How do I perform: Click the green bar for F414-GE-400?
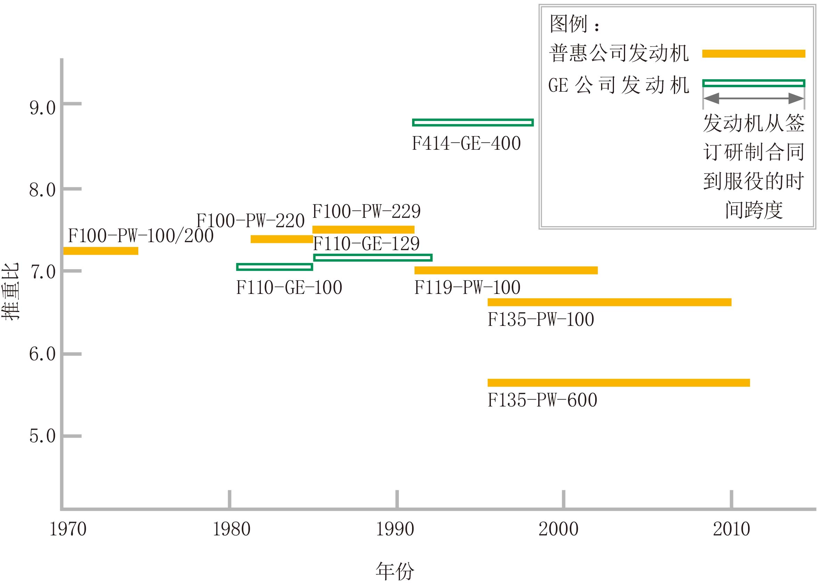coord(473,122)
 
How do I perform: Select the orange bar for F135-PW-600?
coord(618,383)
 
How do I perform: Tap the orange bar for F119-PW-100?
coord(506,270)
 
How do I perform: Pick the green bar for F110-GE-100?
coord(274,267)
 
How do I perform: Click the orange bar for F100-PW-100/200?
coord(100,251)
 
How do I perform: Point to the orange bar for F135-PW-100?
coord(609,302)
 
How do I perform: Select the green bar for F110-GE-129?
coord(372,257)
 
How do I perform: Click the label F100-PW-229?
coord(366,211)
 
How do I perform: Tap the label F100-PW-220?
coord(250,220)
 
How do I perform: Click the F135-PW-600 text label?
coord(542,400)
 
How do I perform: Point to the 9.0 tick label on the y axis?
coord(42,108)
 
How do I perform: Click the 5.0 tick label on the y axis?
coord(42,436)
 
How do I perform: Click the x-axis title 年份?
coord(395,571)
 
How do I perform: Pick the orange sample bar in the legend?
coord(754,54)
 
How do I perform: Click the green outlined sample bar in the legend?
coord(754,83)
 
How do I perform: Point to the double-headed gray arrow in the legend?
coord(753,98)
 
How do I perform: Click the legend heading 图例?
coord(568,24)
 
